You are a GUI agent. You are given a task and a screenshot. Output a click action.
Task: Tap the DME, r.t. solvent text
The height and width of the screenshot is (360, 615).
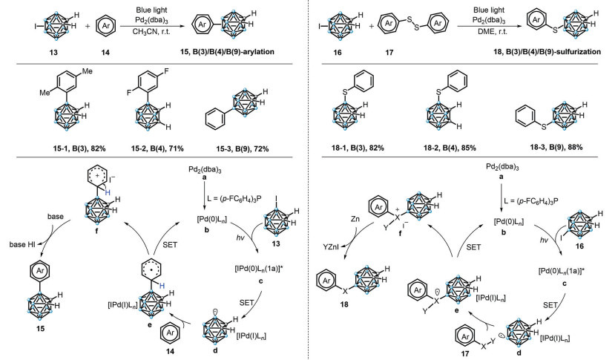[473, 43]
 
